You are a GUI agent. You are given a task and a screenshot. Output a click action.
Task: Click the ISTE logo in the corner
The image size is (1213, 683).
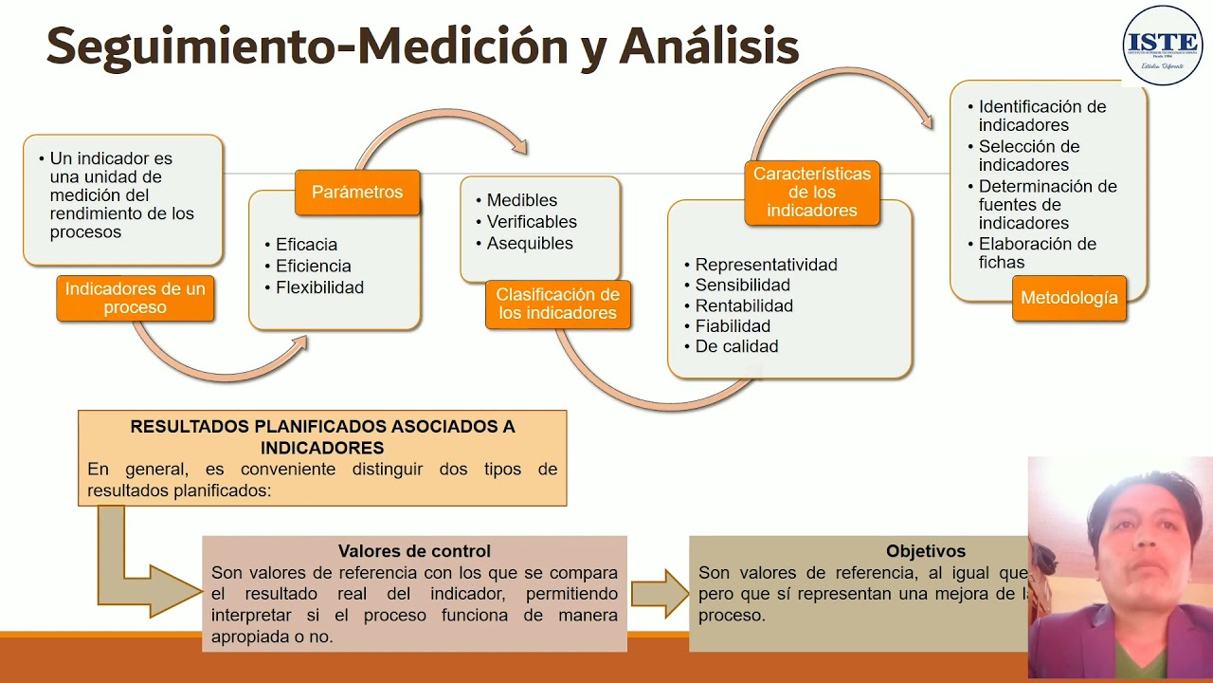pos(1162,45)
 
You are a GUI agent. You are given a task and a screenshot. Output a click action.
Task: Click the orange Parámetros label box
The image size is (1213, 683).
pos(357,192)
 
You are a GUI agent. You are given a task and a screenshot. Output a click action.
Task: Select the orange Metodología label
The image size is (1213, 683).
pos(1069,298)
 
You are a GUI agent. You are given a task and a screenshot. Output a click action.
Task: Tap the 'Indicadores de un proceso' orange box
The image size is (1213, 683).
pos(135,298)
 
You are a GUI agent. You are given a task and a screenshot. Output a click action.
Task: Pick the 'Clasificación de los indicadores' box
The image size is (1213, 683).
pos(557,304)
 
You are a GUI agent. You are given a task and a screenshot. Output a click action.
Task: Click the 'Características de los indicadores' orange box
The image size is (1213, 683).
pos(811,193)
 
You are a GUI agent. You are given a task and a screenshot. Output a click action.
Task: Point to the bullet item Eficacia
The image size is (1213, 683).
pos(306,245)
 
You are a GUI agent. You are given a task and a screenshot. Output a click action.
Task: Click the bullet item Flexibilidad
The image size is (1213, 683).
pos(319,287)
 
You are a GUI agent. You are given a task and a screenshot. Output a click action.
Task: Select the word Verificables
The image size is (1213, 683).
pos(532,222)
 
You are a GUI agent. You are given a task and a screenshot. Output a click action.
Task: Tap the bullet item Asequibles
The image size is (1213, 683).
pos(530,243)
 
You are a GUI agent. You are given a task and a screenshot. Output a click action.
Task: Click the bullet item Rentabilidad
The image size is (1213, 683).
pos(744,305)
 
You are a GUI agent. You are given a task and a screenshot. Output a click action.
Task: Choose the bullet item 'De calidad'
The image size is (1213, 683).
pos(736,346)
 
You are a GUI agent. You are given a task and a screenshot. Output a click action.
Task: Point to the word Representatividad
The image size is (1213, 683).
pos(766,265)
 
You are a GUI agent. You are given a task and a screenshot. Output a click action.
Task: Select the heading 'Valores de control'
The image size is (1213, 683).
pos(414,551)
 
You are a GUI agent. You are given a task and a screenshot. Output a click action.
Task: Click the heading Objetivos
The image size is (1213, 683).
pos(925,551)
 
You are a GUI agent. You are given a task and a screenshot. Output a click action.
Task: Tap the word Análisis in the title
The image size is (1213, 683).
pos(709,46)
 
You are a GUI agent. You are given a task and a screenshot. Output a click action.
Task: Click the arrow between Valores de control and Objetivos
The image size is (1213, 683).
pos(660,594)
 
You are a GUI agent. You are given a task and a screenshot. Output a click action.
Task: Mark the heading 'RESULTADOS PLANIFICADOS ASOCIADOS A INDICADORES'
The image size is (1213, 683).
pos(322,436)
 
